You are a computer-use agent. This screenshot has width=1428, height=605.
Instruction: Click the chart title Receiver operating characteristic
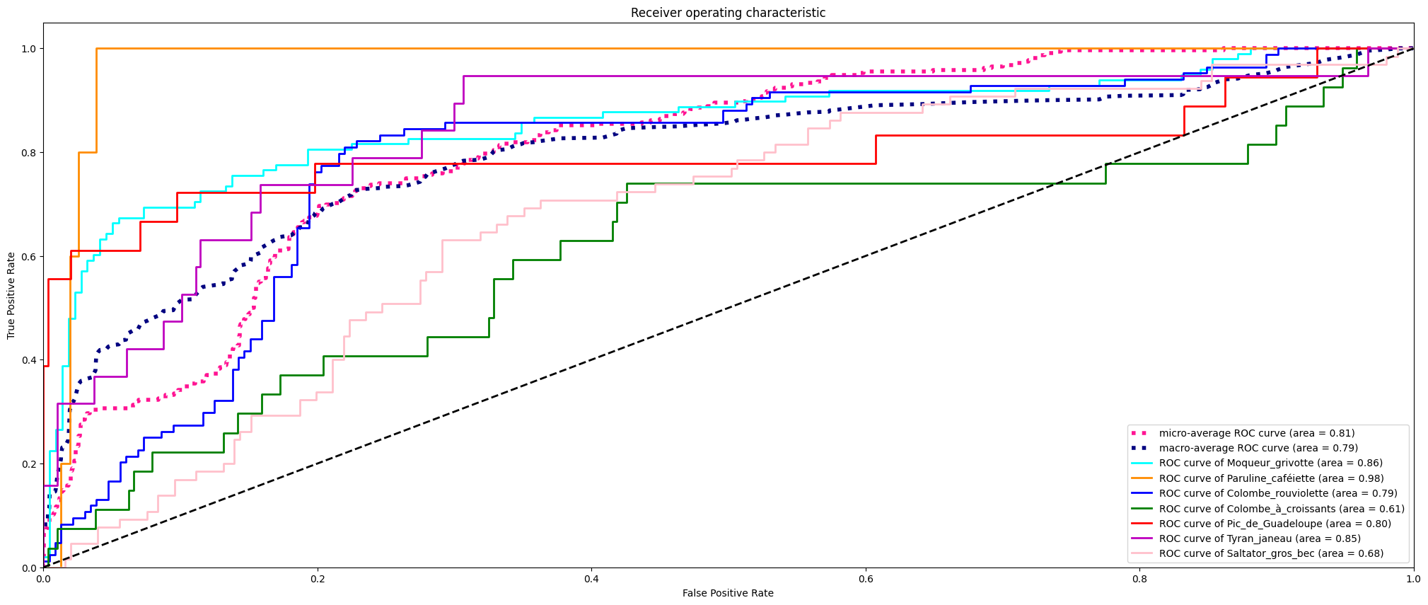click(728, 13)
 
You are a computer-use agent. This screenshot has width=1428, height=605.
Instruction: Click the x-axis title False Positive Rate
click(728, 593)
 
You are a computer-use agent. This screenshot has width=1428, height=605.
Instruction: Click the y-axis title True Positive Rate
click(11, 295)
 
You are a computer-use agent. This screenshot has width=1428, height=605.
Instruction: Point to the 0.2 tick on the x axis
click(318, 579)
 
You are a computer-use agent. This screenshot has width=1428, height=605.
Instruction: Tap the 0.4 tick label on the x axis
click(591, 579)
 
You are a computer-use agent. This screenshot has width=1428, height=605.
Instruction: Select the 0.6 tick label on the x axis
click(866, 579)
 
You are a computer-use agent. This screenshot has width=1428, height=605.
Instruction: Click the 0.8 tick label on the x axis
click(1139, 579)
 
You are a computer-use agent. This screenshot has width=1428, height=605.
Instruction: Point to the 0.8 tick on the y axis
click(30, 152)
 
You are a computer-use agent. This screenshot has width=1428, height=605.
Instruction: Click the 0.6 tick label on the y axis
click(30, 256)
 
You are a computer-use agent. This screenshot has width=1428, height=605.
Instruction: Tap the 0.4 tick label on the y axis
click(30, 360)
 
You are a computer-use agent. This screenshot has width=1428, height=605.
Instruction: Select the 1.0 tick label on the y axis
click(30, 49)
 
